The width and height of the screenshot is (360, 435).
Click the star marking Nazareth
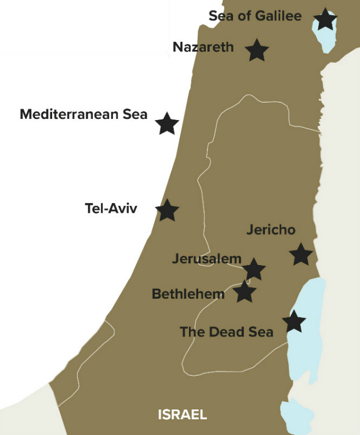[x=257, y=50]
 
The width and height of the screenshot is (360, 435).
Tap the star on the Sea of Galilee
[x=325, y=20]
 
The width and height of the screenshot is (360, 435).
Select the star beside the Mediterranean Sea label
[x=167, y=124]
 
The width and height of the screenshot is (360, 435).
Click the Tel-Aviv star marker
[x=168, y=210]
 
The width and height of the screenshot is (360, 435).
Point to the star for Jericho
[x=301, y=255]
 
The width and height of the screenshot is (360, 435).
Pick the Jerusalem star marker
[x=253, y=269]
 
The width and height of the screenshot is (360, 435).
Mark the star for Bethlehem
[x=245, y=292]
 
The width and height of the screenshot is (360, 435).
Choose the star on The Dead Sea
[x=293, y=321]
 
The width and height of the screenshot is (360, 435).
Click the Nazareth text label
[x=203, y=47]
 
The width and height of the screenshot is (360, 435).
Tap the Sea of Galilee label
[x=255, y=16]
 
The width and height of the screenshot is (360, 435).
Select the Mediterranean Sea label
[x=83, y=114]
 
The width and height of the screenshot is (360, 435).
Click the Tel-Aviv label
[x=111, y=208]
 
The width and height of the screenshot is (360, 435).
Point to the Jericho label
[x=271, y=230]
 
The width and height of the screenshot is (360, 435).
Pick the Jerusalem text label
[x=206, y=259]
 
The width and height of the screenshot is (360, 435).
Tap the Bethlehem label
[x=188, y=294]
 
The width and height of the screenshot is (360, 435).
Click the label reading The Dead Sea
[x=226, y=332]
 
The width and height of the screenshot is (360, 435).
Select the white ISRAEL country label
[x=182, y=415]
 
